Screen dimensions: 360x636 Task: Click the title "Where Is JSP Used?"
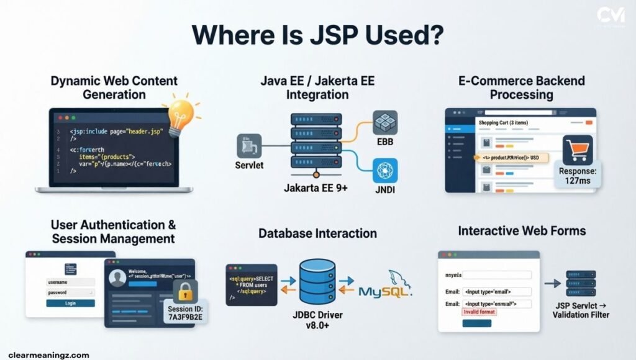click(x=317, y=34)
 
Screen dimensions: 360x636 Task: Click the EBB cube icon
click(x=385, y=122)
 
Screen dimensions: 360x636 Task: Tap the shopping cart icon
click(x=577, y=149)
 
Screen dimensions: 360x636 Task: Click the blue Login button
click(x=70, y=303)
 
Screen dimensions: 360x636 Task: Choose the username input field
click(x=70, y=282)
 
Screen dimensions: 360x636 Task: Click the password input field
click(x=70, y=292)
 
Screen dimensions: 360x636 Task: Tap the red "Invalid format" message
click(x=479, y=312)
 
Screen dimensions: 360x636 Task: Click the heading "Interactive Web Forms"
click(x=522, y=231)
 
